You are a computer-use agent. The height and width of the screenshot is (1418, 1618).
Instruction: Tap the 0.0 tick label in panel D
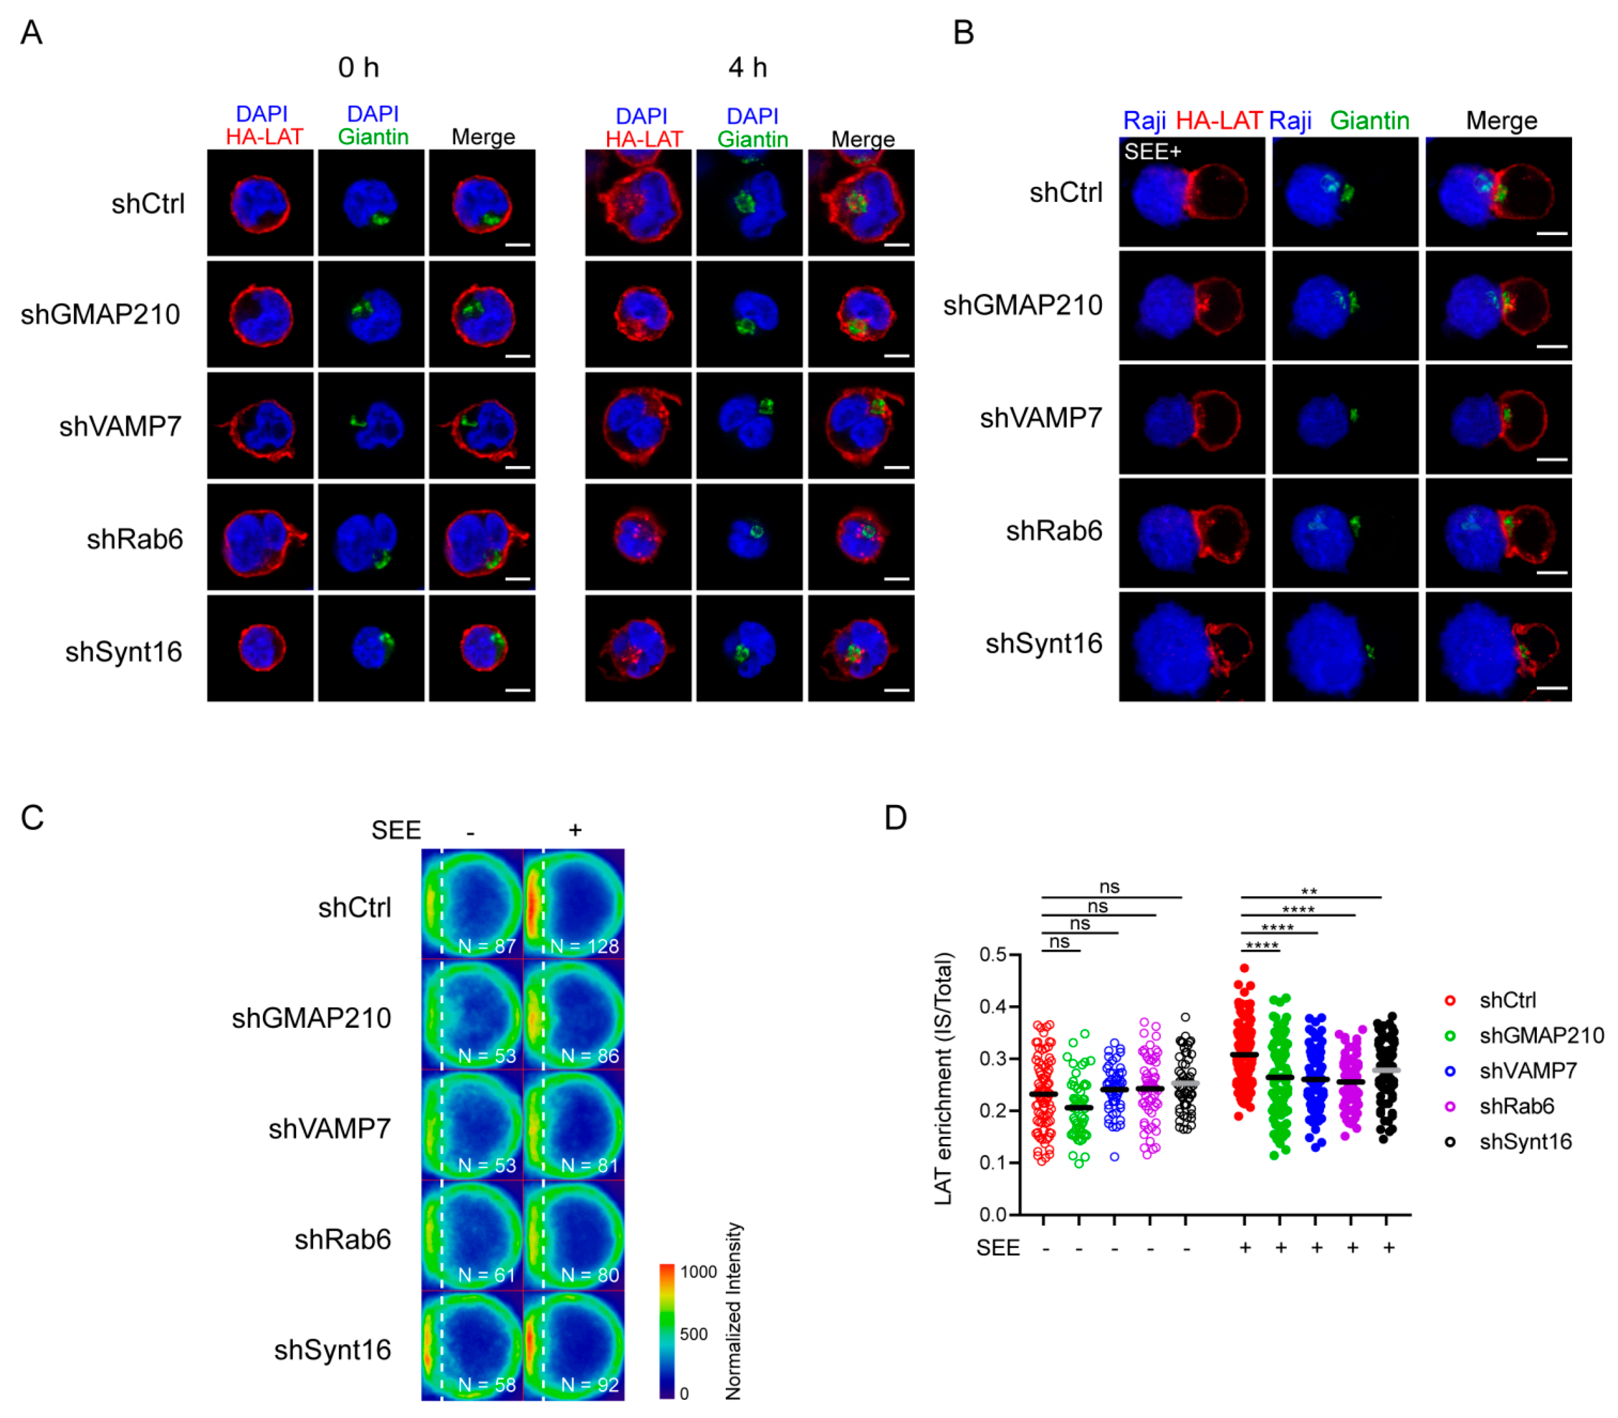point(993,1214)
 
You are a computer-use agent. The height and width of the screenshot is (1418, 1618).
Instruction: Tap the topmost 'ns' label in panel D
point(1109,887)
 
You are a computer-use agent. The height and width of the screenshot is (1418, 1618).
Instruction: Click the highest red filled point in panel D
point(1244,968)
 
